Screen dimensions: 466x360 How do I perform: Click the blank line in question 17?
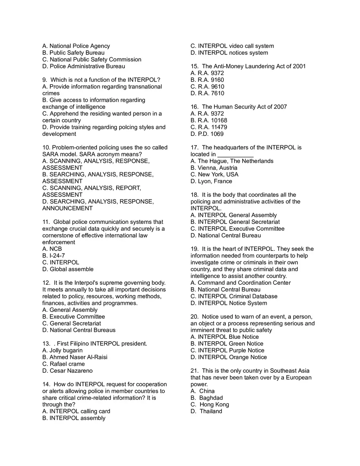tap(235, 155)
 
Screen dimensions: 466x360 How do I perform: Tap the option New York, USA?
tap(214, 175)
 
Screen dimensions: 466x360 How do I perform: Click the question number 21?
tap(194, 371)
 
